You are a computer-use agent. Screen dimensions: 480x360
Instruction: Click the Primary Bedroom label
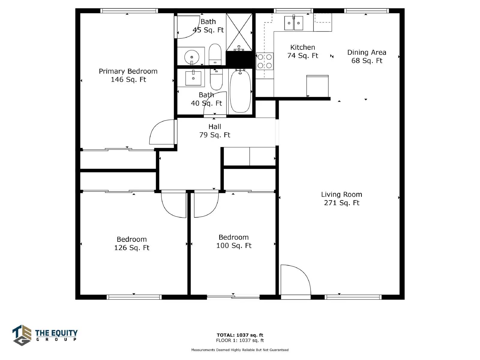click(x=128, y=75)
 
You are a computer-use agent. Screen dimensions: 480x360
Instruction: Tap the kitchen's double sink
click(x=293, y=23)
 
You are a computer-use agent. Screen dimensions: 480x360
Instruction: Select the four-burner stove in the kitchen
click(x=265, y=61)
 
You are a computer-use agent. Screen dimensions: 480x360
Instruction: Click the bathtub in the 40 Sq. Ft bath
click(x=240, y=91)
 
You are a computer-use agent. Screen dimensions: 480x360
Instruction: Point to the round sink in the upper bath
click(x=192, y=57)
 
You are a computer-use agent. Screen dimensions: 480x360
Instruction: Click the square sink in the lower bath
click(x=193, y=78)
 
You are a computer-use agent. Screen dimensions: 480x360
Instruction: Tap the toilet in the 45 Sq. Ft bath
click(x=215, y=54)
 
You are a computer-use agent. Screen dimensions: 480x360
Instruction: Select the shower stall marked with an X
click(x=239, y=32)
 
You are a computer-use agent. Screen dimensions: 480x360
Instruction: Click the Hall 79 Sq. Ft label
click(x=214, y=131)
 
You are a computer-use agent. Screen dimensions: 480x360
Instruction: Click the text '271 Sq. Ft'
click(x=342, y=203)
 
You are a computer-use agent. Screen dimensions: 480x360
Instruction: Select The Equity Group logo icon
click(x=22, y=335)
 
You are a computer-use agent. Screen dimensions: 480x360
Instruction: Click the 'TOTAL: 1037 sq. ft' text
click(x=240, y=335)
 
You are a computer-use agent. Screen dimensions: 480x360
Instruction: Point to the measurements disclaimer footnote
click(x=240, y=350)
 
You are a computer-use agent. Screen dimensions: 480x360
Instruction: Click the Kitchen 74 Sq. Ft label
click(x=303, y=51)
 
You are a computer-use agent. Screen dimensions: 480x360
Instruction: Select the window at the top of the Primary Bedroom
click(x=129, y=11)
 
